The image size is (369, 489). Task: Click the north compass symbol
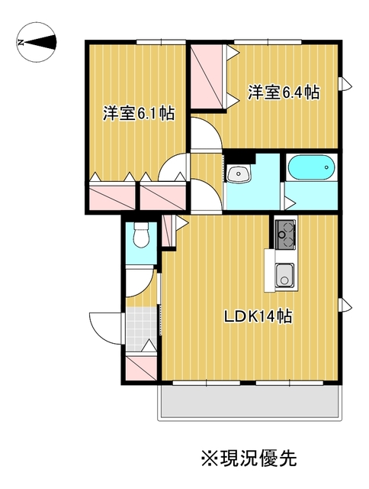point(37,42)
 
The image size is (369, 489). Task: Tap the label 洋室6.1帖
point(139,114)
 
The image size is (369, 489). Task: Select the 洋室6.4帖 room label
point(284,92)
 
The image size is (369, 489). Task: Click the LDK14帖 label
point(258,317)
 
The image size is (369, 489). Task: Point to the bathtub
point(311,167)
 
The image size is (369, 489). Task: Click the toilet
point(141,234)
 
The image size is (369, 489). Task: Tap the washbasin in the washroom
point(239,173)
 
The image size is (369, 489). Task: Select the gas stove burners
point(285,235)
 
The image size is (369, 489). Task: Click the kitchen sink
point(284,274)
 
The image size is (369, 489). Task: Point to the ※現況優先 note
point(249,458)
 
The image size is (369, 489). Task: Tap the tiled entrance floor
point(141,329)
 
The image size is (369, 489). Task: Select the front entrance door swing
point(106,328)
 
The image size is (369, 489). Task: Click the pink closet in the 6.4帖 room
point(208,76)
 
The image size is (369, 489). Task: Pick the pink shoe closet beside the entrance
point(141,368)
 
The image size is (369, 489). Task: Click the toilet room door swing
point(140,282)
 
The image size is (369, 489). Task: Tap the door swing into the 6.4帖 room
point(205,134)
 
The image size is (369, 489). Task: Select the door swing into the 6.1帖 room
point(172,168)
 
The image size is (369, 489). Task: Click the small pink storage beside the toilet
point(167,230)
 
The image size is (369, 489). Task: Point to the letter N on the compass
point(21,43)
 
